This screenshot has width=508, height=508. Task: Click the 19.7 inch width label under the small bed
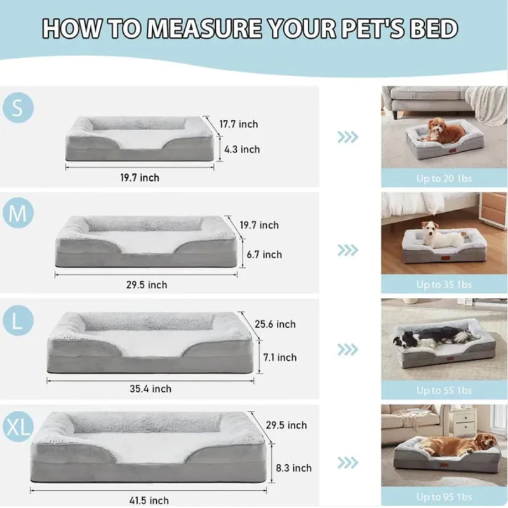tap(140, 178)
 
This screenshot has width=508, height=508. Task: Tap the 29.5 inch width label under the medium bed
tap(146, 285)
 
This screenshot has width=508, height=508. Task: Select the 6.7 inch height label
tap(264, 254)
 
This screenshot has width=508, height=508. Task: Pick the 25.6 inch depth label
tap(275, 324)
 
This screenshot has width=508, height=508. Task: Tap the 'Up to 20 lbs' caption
tap(444, 178)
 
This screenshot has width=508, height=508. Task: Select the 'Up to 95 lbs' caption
tap(444, 496)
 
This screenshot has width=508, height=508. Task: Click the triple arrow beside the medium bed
tap(347, 250)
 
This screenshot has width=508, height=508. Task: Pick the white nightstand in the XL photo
tap(464, 422)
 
